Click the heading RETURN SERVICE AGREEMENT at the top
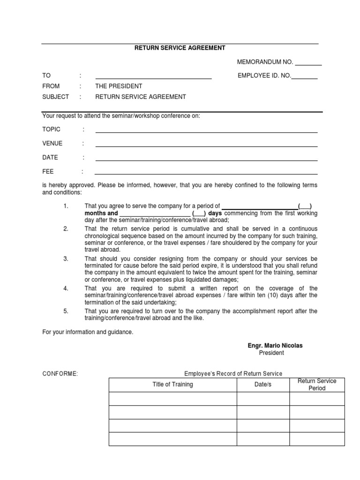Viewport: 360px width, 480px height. click(x=180, y=48)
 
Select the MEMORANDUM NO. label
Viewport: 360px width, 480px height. click(x=265, y=62)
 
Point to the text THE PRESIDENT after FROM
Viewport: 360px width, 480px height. click(x=119, y=86)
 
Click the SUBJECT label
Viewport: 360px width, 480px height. click(x=55, y=97)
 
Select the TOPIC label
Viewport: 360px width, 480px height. click(x=52, y=129)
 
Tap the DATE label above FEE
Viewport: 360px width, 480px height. click(x=50, y=158)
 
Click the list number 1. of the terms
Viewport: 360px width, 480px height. click(x=66, y=206)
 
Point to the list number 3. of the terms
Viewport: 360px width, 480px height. click(x=66, y=259)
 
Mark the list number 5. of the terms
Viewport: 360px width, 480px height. click(x=66, y=311)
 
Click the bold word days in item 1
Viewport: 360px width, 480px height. click(x=215, y=213)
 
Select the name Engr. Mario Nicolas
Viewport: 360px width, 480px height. click(x=275, y=345)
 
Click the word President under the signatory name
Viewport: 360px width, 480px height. click(x=271, y=353)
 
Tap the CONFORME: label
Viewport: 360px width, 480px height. click(x=60, y=374)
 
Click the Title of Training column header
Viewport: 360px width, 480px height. click(x=172, y=385)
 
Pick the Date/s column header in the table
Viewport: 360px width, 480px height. click(x=262, y=385)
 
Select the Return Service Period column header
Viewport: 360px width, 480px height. click(x=317, y=385)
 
